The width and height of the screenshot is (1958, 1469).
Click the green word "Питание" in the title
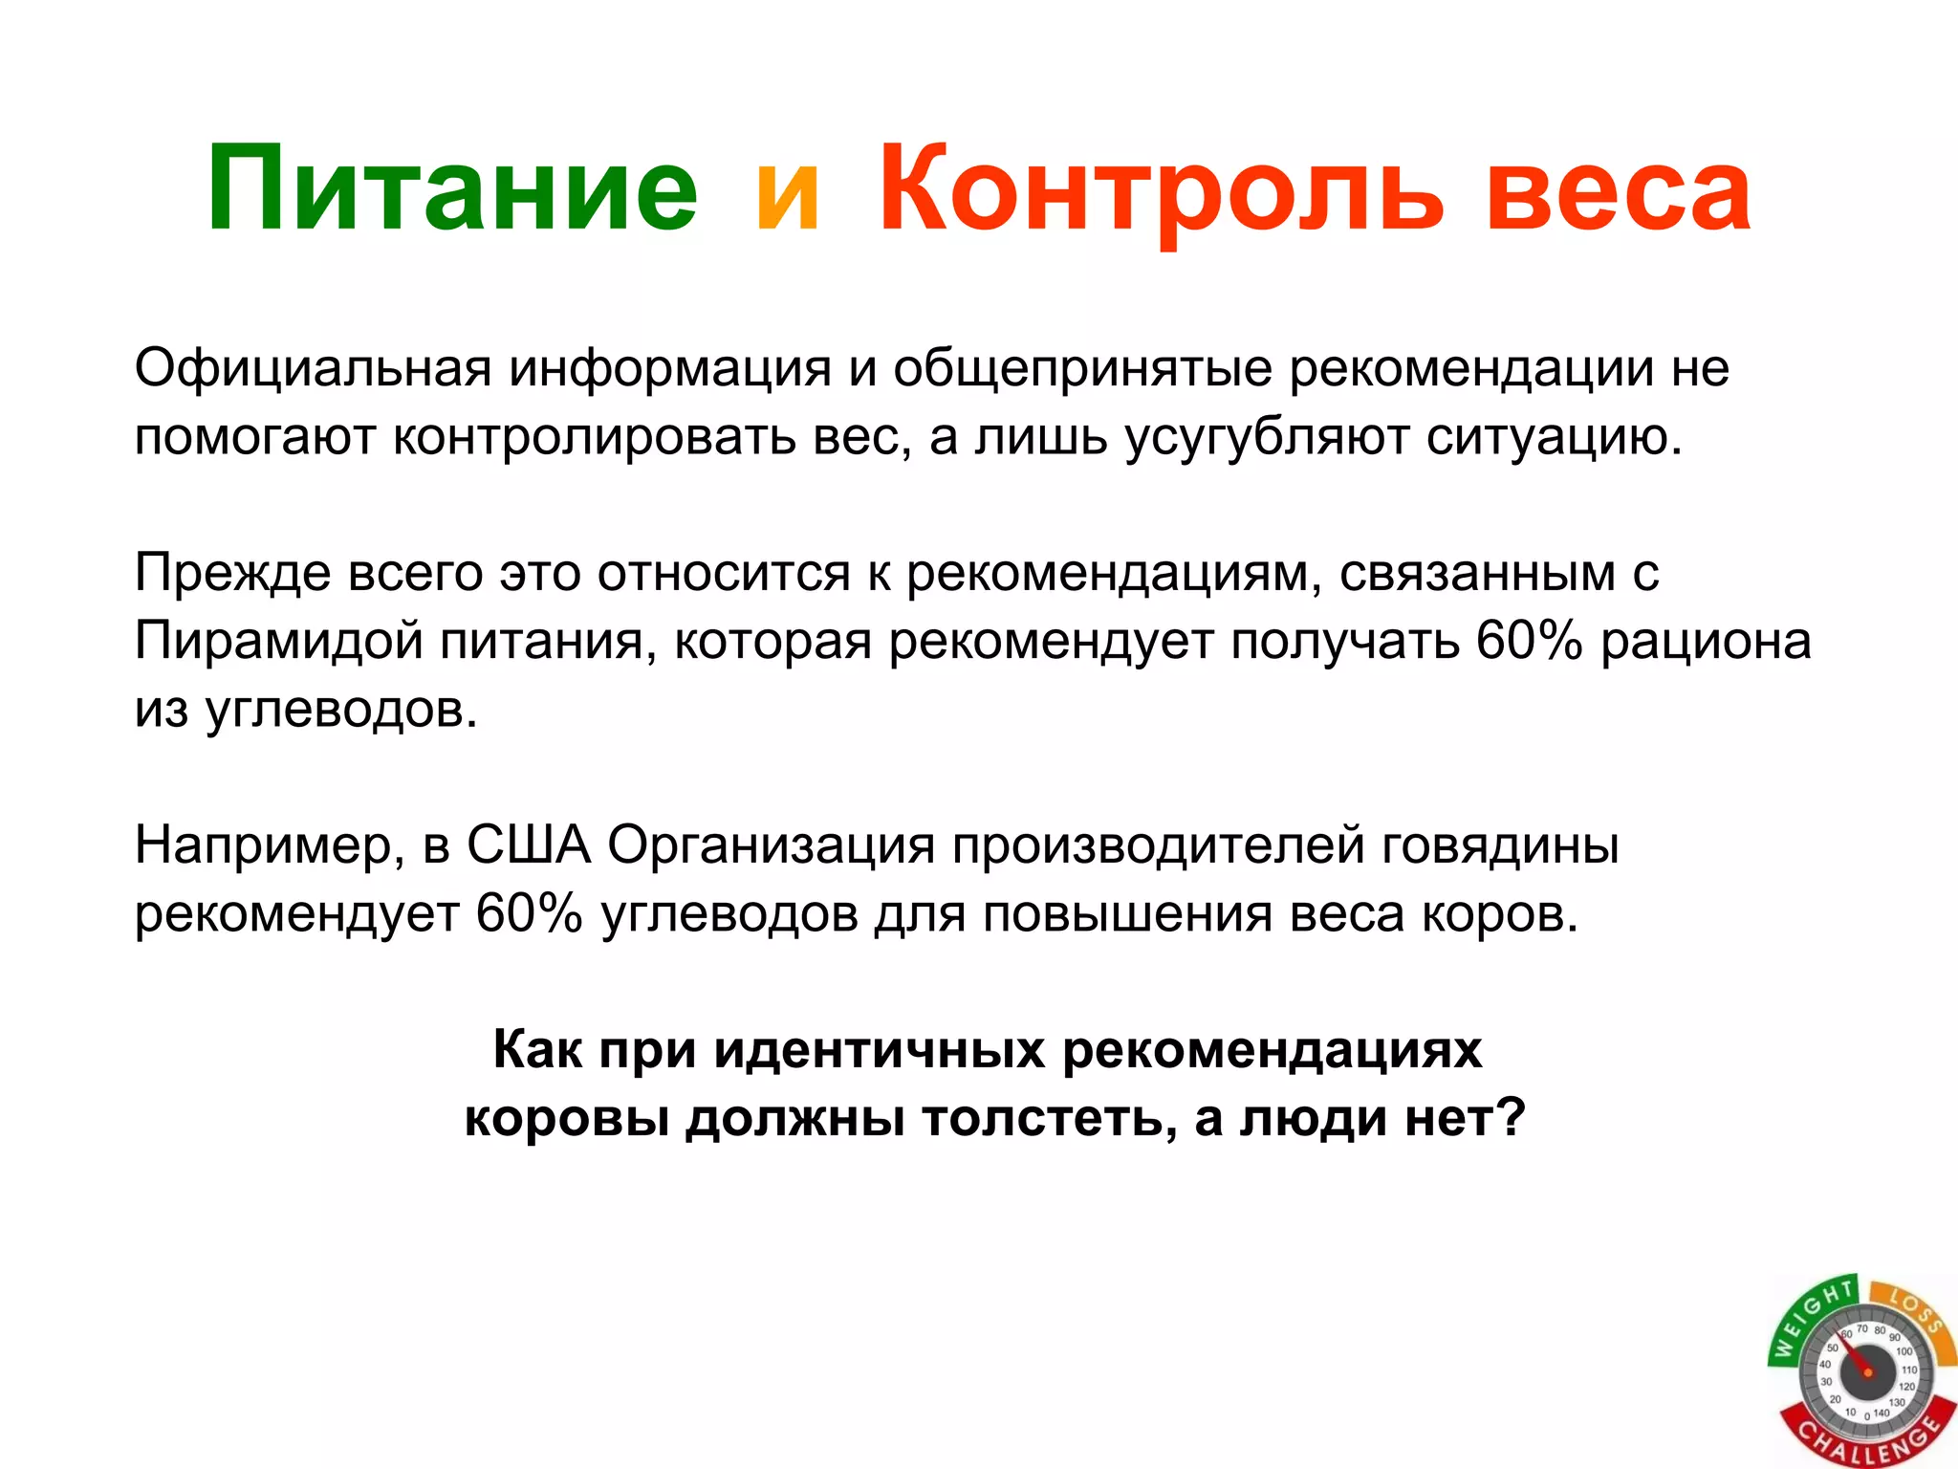click(x=451, y=188)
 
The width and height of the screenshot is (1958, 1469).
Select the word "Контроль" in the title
click(x=1160, y=188)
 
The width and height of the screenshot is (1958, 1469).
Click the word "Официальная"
click(x=313, y=368)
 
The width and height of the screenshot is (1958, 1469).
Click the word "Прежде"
click(x=232, y=574)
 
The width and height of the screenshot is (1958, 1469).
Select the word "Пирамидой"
click(x=278, y=641)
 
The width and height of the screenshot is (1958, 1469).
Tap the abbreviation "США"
click(x=529, y=845)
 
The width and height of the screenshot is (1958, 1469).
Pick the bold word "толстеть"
click(x=1049, y=1118)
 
